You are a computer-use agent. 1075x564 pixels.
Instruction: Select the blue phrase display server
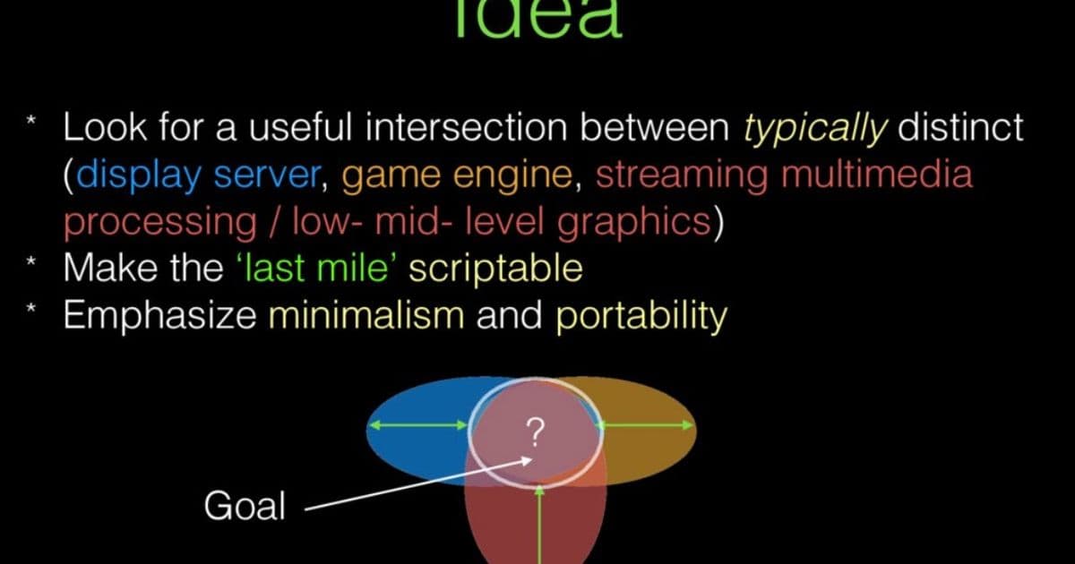(199, 175)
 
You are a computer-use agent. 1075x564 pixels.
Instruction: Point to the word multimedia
(877, 175)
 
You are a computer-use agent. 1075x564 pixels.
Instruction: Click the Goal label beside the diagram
(245, 508)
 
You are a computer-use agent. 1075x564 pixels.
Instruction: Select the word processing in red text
(161, 221)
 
